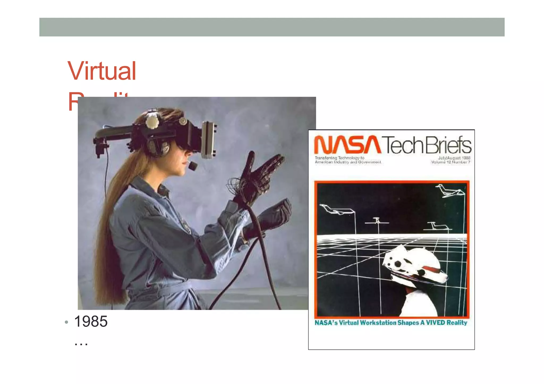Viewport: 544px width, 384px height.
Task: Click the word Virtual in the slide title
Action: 102,71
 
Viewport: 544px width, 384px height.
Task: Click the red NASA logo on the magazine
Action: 347,145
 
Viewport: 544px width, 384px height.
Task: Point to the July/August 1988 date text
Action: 454,158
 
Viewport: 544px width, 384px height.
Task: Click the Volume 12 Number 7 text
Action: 451,162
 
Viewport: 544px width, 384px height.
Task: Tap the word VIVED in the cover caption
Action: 435,323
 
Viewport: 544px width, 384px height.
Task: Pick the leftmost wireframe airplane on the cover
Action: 336,209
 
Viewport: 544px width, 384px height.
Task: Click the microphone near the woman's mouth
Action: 193,166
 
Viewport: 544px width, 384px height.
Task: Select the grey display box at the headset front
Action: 209,139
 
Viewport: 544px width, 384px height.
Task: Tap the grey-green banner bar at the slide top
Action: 272,27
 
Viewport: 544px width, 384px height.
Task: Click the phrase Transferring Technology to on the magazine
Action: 339,158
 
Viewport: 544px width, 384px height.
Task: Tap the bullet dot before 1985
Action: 66,322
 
